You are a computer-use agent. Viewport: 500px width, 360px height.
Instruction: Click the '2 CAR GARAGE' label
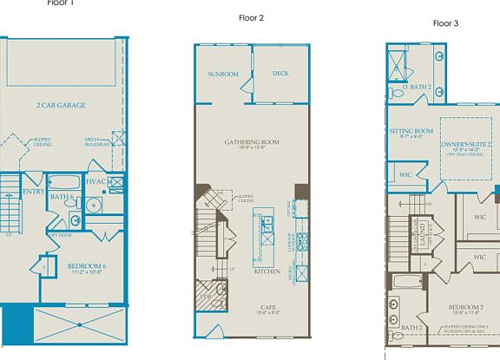point(60,105)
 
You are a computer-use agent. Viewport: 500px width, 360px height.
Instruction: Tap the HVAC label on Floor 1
point(96,181)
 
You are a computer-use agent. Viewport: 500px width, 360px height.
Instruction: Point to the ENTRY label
point(33,192)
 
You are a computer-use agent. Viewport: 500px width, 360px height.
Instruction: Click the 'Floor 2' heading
point(251,17)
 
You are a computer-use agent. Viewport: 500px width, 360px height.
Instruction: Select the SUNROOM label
point(223,75)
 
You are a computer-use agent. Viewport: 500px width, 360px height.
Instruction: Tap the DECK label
point(280,74)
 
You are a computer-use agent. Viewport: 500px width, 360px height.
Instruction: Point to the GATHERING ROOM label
point(251,141)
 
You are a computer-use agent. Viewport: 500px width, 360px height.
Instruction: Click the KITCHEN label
point(266,272)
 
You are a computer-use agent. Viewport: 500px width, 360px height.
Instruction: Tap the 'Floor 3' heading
point(445,23)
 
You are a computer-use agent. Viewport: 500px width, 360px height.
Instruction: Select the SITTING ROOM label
point(411,130)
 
